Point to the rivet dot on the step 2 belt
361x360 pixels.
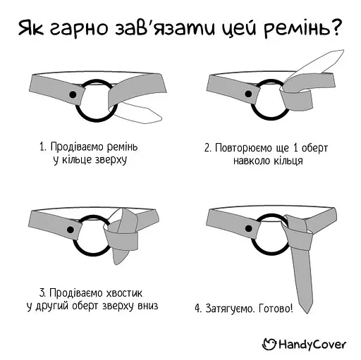click(249, 93)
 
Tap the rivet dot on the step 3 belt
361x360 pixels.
click(71, 230)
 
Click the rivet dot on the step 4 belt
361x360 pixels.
click(247, 225)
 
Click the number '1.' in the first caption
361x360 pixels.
click(43, 147)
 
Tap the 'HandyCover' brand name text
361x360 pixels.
click(311, 344)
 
